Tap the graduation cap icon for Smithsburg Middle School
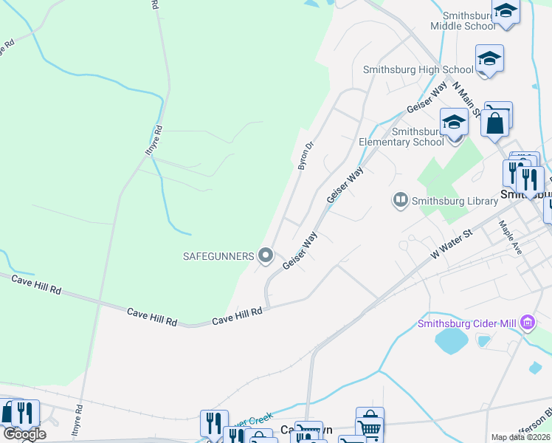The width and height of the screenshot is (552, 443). tap(506, 12)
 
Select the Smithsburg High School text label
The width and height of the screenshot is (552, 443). tap(407, 70)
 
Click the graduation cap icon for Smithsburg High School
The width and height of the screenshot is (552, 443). tap(489, 58)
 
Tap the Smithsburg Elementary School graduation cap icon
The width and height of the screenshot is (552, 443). tap(454, 121)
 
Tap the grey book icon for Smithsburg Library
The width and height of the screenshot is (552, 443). tap(400, 199)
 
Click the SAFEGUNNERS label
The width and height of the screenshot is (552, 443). tap(218, 256)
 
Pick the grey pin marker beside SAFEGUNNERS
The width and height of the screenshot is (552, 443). tap(266, 256)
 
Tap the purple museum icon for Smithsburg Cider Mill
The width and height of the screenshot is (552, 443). tap(527, 323)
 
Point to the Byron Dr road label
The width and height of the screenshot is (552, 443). tap(306, 156)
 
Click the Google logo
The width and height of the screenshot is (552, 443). tap(25, 434)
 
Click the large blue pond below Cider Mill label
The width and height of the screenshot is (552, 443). tap(451, 342)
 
